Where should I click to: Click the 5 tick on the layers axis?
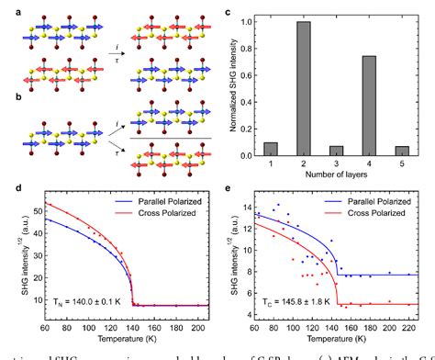406,163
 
